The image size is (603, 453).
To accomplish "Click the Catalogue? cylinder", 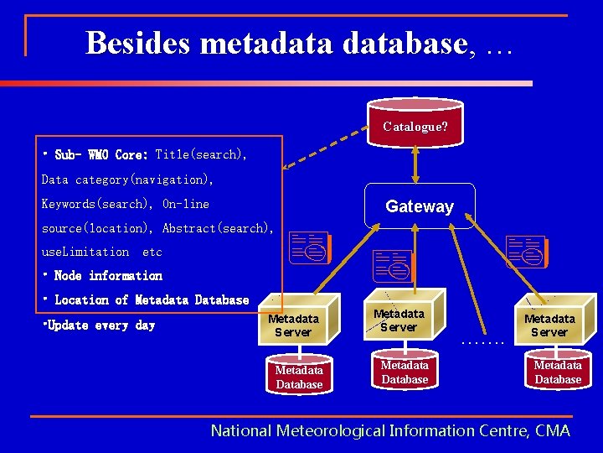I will tap(415, 126).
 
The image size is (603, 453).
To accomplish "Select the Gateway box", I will tap(420, 206).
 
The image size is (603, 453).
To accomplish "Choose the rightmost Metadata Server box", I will tap(549, 325).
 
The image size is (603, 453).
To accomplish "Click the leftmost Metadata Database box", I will tap(299, 377).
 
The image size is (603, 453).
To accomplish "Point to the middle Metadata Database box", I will tap(405, 372).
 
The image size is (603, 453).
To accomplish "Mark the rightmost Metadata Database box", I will tap(558, 372).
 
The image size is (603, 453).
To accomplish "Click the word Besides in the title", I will tap(139, 43).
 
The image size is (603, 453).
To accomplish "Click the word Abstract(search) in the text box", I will tap(217, 228).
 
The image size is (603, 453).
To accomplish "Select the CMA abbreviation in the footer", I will tap(553, 430).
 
